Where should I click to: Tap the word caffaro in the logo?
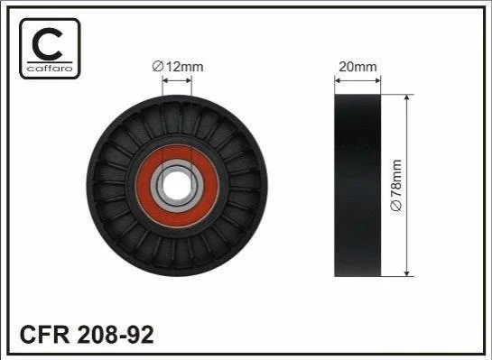point(50,69)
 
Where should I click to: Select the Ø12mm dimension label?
point(178,67)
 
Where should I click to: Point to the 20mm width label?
point(357,67)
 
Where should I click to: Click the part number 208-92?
point(116,334)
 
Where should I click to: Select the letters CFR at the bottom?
point(44,334)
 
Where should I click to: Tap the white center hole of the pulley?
point(177,186)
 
